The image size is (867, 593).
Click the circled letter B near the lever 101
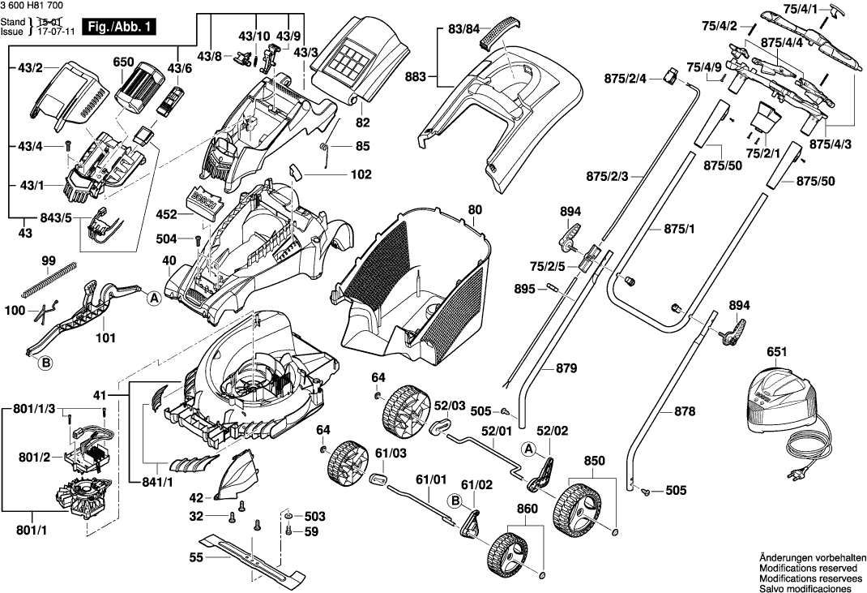(x=46, y=363)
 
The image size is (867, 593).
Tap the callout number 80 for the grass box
(x=474, y=210)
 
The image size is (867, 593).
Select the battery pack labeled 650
(x=138, y=86)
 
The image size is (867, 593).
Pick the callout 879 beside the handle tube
(x=566, y=369)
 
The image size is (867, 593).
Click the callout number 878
(x=684, y=412)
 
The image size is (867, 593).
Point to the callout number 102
(x=361, y=174)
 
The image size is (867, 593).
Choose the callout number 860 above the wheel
(x=527, y=509)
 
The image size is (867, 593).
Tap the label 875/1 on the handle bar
(x=681, y=230)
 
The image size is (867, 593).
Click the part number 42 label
(x=196, y=496)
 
